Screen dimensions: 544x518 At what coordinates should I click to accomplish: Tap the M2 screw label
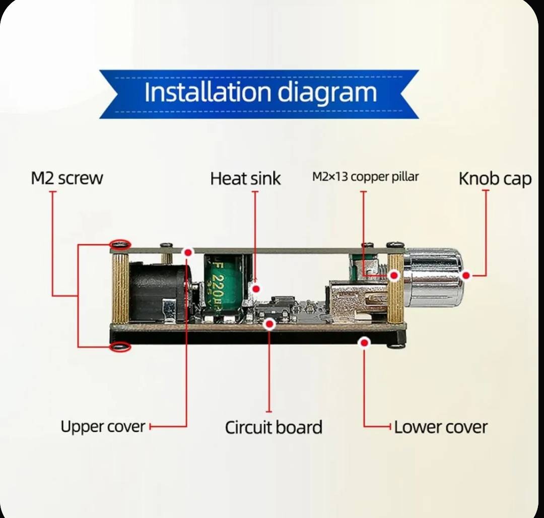[x=67, y=178]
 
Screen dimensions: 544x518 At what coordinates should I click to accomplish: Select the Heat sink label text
[x=245, y=179]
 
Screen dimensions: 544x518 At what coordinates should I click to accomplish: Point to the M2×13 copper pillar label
[x=365, y=177]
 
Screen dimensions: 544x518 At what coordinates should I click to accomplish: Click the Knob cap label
[x=495, y=179]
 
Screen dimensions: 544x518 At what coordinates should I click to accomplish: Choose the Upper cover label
[x=103, y=427]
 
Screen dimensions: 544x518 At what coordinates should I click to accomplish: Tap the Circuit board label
[x=274, y=427]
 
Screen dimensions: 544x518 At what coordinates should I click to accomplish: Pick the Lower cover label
[x=441, y=427]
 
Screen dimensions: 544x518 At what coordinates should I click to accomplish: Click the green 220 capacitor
[x=223, y=285]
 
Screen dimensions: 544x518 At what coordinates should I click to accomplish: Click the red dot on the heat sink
[x=256, y=289]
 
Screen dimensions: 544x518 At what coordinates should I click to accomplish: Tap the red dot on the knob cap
[x=466, y=276]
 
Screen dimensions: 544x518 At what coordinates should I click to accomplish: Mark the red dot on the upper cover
[x=188, y=252]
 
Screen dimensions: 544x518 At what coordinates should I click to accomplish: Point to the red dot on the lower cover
[x=364, y=343]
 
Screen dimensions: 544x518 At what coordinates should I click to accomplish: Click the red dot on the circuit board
[x=269, y=325]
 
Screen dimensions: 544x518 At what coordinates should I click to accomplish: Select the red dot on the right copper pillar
[x=394, y=276]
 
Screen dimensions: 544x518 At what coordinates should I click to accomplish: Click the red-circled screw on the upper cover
[x=120, y=244]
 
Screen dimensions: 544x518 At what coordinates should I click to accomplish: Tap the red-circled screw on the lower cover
[x=120, y=347]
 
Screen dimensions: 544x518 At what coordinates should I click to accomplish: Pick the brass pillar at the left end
[x=120, y=287]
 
